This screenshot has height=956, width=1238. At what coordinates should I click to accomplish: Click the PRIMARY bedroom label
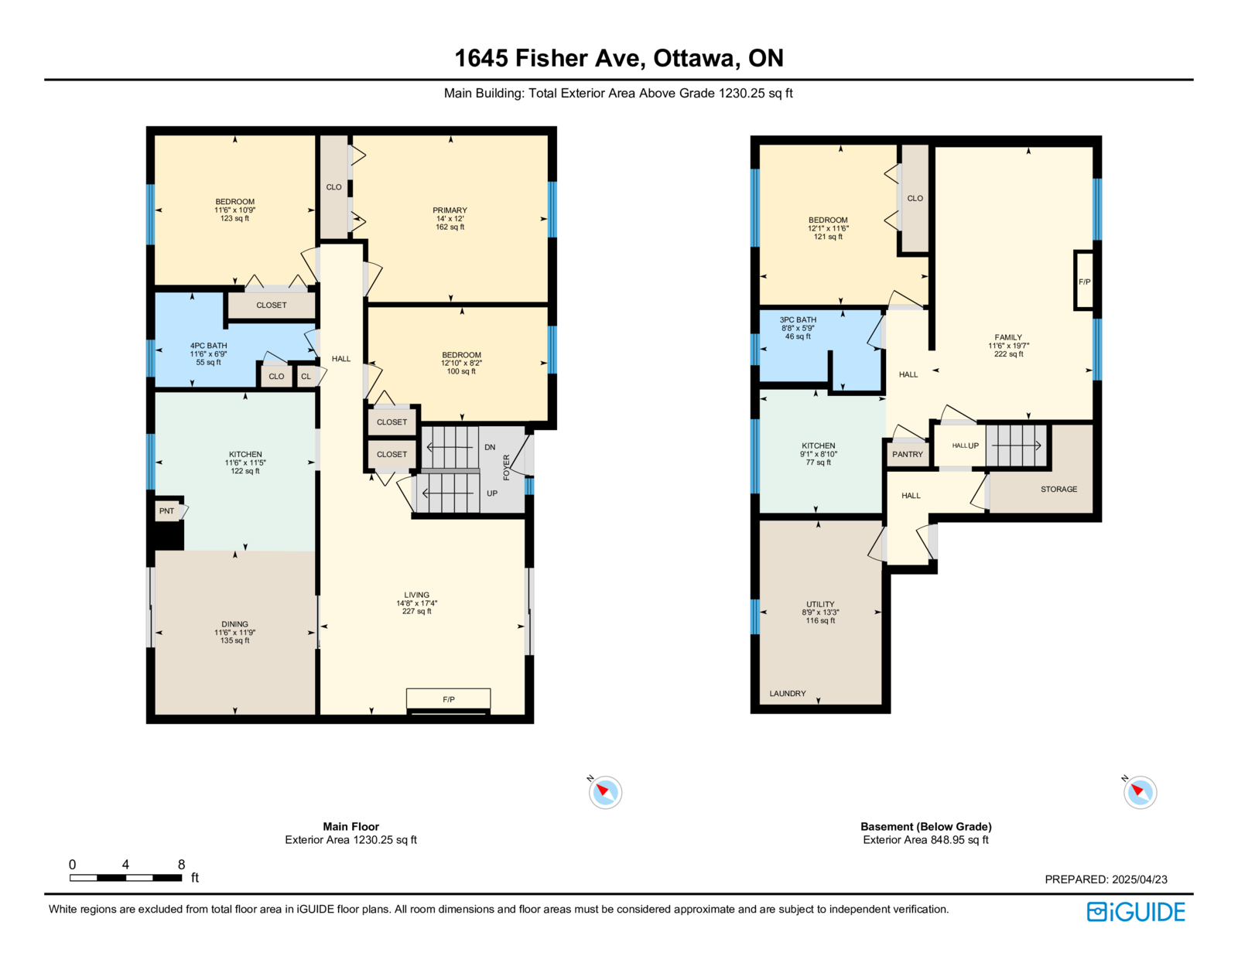pos(450,210)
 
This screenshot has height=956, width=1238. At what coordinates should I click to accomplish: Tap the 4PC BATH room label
pos(208,346)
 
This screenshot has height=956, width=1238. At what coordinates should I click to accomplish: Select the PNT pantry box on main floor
pos(167,510)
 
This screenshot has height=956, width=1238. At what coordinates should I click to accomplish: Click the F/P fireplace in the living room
pos(448,699)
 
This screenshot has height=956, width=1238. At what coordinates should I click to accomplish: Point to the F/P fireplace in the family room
pos(1084,282)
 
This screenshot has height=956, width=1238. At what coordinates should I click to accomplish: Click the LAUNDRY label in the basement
pos(788,693)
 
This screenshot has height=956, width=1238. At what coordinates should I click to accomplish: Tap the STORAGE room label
pos(1058,489)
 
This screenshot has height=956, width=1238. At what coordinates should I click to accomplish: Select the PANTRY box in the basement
pos(907,454)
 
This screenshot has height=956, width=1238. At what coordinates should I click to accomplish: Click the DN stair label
pos(490,447)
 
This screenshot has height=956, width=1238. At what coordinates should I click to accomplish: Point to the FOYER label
pos(507,467)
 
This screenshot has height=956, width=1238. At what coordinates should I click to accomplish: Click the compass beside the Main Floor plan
pos(605,791)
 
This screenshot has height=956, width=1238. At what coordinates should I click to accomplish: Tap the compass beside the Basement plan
pos(1140,791)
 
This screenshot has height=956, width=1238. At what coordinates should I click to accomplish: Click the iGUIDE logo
pos(1135,912)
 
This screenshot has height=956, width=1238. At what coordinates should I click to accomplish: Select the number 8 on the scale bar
pos(181,864)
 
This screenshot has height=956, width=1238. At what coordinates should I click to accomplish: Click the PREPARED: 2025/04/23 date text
pos(1106,879)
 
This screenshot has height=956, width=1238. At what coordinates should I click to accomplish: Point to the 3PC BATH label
pos(798,320)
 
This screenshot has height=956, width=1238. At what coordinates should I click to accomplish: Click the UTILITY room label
pos(820,604)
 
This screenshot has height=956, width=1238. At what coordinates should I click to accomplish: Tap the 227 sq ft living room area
pos(416,612)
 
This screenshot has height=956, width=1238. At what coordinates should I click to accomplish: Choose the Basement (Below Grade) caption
pos(926,826)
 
